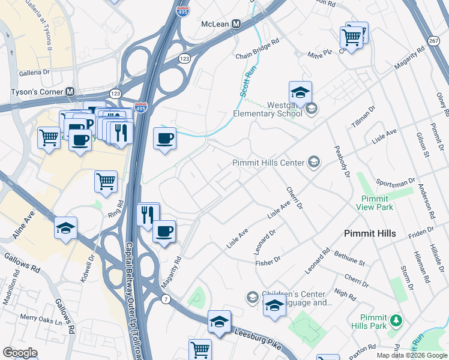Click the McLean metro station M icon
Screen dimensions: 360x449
pos(237,23)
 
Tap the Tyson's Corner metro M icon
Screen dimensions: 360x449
pos(70,92)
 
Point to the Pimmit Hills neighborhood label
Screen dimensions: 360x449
pos(370,233)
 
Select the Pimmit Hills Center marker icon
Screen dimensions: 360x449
pos(313,162)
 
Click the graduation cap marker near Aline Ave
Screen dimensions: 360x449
pos(65,229)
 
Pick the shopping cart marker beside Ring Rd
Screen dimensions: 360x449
pos(106,181)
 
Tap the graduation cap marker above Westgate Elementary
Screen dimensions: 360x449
pos(300,92)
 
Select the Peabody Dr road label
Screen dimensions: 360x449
pos(340,161)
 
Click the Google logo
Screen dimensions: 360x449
pos(20,353)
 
